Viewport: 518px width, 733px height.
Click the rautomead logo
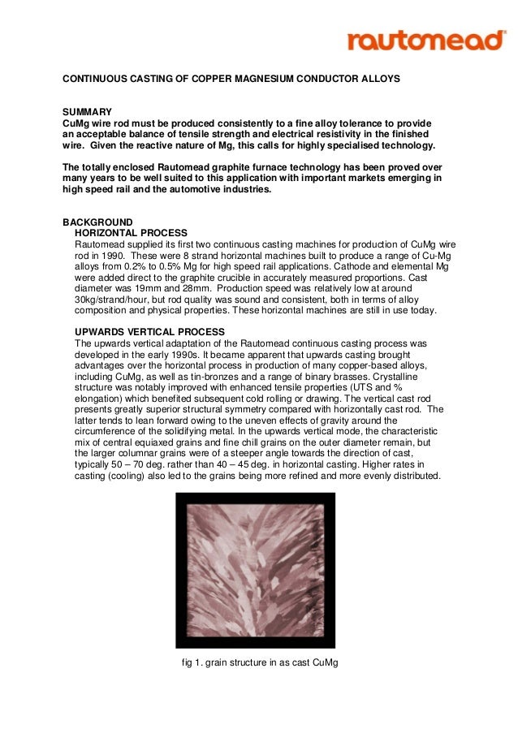click(425, 40)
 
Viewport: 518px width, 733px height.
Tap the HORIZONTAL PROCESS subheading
click(131, 233)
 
